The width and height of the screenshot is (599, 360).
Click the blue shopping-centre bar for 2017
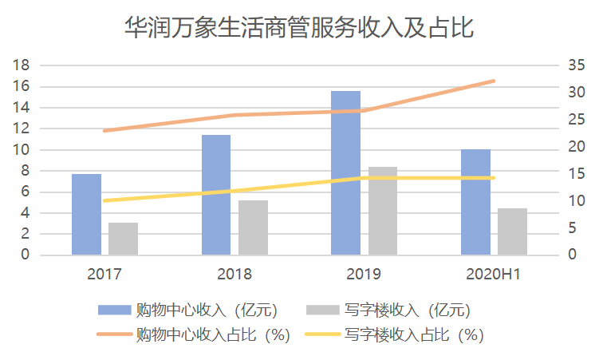click(86, 215)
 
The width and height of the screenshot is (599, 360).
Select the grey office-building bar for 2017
click(123, 239)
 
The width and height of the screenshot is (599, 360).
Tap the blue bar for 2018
click(216, 195)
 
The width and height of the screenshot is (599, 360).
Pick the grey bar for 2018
click(253, 227)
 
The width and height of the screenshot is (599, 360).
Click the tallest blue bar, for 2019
click(345, 173)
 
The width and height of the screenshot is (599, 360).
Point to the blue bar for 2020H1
click(475, 202)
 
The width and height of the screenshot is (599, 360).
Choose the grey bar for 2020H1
click(513, 231)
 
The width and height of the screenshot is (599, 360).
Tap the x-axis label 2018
click(234, 275)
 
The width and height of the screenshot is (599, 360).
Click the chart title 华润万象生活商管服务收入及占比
click(299, 29)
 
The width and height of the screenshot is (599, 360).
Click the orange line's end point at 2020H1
click(494, 81)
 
